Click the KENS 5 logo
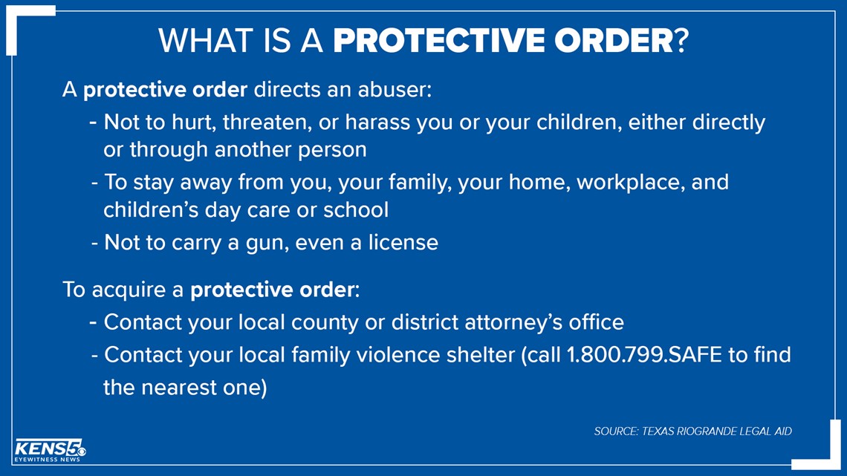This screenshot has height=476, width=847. click(50, 450)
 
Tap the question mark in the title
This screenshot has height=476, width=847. click(682, 41)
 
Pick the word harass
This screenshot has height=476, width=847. click(377, 123)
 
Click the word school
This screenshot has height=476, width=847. click(355, 210)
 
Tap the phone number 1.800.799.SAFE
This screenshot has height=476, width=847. click(644, 355)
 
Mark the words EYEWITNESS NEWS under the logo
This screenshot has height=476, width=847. click(47, 459)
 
